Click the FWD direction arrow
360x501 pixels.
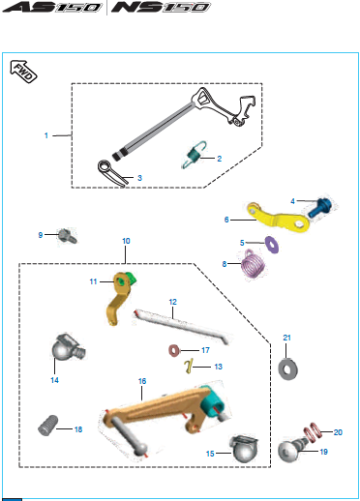[23, 72]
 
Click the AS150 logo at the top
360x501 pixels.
[52, 7]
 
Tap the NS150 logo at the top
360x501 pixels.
[161, 7]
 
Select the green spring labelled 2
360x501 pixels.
[194, 155]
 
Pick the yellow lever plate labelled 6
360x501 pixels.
[279, 218]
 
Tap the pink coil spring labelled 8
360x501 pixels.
[254, 264]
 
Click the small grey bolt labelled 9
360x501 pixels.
[68, 236]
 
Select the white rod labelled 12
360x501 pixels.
[182, 326]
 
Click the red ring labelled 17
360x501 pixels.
[174, 350]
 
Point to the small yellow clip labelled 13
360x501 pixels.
[189, 367]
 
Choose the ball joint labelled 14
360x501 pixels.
[68, 346]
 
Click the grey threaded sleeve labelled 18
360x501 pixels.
[48, 426]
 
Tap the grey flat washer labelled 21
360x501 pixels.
[287, 369]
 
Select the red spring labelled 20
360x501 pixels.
[312, 431]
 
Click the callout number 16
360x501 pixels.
[142, 381]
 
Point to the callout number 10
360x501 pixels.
[126, 241]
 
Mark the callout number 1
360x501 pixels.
[46, 135]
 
